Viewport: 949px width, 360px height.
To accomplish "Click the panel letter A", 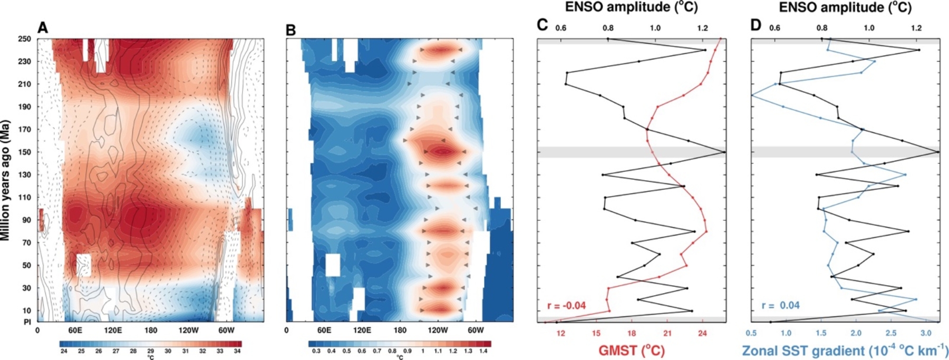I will (43, 28).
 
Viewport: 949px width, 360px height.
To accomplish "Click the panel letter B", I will (290, 30).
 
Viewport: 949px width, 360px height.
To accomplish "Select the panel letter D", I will (756, 25).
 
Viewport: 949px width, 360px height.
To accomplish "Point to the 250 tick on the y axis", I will (25, 39).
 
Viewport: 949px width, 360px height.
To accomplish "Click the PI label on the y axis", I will (27, 322).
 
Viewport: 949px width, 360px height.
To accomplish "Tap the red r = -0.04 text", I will (566, 305).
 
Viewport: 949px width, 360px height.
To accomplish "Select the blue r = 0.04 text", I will (780, 305).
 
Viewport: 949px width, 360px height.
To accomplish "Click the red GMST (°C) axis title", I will (631, 350).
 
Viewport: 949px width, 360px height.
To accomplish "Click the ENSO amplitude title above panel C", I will (631, 7).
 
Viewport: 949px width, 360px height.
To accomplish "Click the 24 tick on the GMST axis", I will (702, 333).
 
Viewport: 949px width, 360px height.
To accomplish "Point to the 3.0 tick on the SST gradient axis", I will (926, 333).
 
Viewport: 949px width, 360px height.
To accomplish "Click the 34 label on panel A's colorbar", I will (237, 351).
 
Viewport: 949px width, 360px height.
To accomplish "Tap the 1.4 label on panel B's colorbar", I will (483, 351).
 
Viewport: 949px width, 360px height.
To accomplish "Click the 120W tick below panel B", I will (438, 330).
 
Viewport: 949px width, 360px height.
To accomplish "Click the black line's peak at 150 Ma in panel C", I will (724, 152).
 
